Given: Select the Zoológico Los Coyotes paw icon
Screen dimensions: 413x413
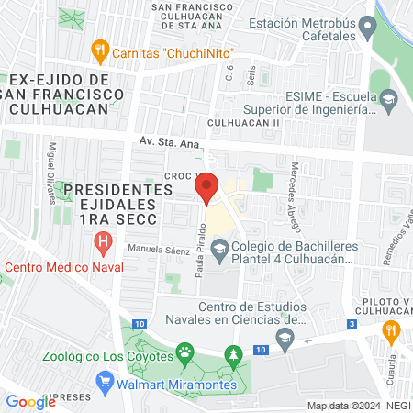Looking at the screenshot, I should click(185, 352).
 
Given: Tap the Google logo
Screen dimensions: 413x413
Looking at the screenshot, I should click(30, 401).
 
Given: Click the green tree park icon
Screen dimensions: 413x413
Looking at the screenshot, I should click(234, 353).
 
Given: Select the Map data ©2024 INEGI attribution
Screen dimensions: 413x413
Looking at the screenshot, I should click(357, 406).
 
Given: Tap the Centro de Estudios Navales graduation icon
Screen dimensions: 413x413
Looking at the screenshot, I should click(285, 340).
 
